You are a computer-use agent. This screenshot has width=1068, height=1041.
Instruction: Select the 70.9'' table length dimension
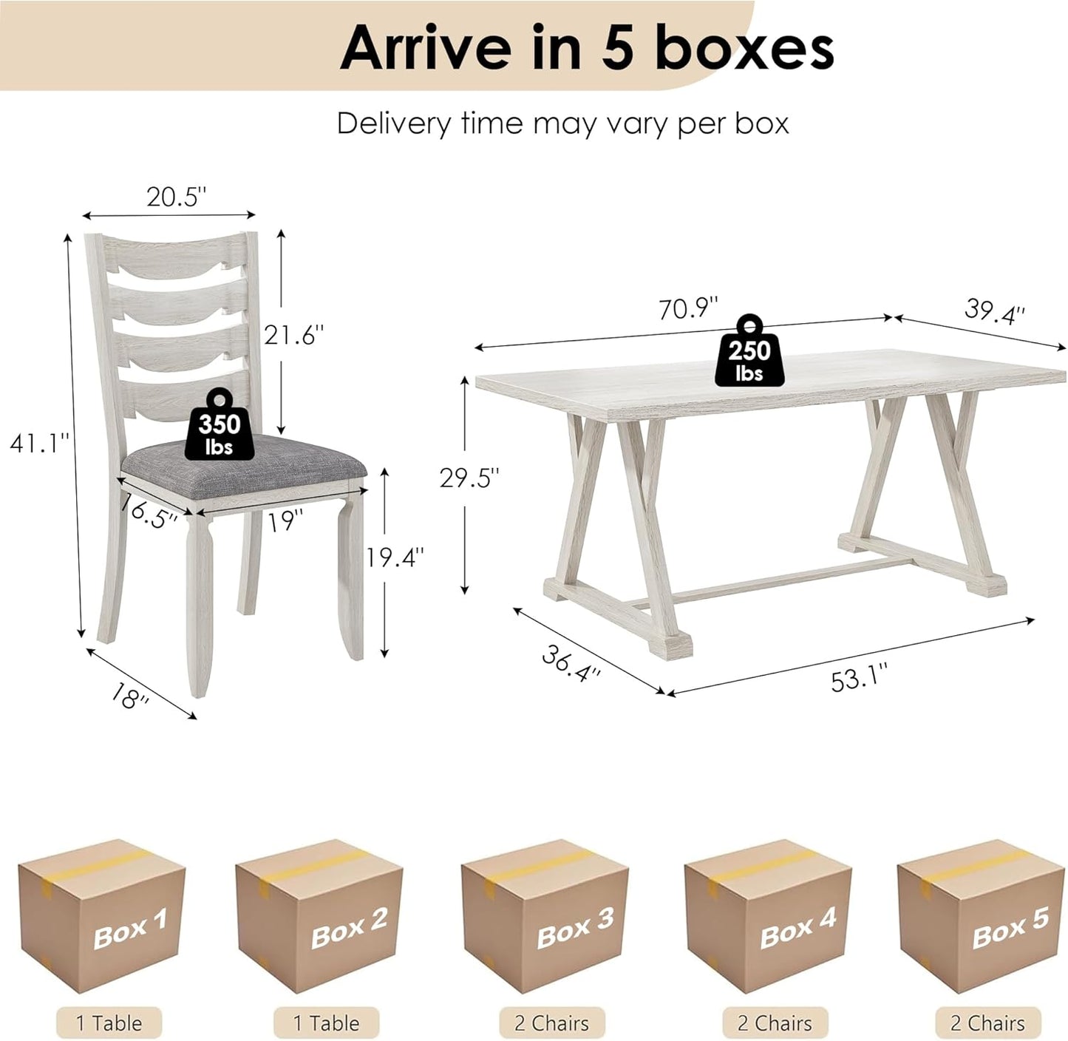[x=688, y=308]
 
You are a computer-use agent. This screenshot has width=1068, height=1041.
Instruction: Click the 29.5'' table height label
[x=469, y=478]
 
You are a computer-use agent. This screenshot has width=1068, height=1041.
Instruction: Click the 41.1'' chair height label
[x=39, y=443]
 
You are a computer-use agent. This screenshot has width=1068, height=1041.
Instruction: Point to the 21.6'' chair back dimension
[x=294, y=334]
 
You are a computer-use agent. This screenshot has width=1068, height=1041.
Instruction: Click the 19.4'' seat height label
[x=395, y=557]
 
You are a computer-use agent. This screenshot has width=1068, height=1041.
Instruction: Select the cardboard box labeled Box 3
[x=545, y=916]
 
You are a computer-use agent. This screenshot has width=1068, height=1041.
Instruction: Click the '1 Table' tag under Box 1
[x=109, y=1023]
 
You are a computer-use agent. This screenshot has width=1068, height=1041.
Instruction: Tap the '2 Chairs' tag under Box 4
[x=775, y=1023]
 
